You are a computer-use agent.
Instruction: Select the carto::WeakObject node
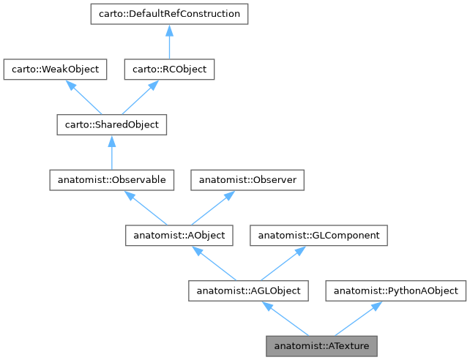pos(56,70)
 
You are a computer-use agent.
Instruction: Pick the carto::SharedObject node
pos(112,125)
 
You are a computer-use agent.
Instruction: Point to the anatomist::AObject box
pos(179,236)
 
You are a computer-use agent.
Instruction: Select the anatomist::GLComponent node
pos(318,236)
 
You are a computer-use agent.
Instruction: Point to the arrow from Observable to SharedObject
pos(112,152)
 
